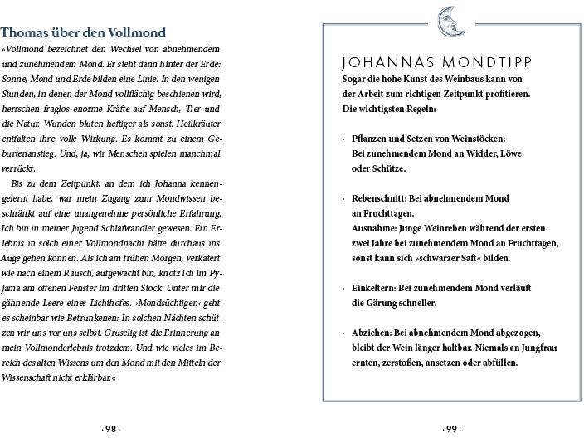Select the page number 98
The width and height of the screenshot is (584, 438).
[111, 429]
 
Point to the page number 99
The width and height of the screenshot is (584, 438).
[451, 429]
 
